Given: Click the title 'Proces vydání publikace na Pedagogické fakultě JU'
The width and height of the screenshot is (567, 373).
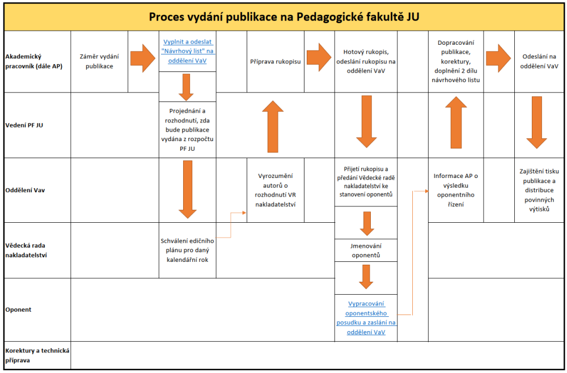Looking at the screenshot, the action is click(284, 17).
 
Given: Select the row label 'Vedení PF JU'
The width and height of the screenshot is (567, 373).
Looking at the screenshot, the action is click(24, 125).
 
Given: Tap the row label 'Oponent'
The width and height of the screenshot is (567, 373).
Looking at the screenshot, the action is click(19, 310).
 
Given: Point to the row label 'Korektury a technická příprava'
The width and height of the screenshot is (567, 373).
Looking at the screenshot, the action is click(37, 355).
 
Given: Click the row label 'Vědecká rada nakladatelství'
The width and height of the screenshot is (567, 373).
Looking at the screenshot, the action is click(26, 250).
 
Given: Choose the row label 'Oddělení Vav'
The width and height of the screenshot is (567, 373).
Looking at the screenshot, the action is click(25, 190).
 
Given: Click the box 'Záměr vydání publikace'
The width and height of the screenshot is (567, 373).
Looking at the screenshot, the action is click(99, 61).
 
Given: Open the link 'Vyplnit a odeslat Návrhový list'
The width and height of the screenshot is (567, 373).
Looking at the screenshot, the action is click(187, 52).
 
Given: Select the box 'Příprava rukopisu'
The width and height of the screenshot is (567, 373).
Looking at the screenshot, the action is click(276, 61).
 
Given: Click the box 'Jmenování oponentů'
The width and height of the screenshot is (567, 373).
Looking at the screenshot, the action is click(366, 251).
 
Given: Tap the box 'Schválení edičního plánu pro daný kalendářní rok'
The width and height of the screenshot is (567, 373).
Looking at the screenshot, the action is click(187, 250).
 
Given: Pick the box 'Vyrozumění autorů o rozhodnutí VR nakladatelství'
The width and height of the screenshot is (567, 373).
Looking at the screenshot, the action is click(276, 190).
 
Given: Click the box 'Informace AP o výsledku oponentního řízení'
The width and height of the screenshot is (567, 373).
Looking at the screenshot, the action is click(456, 190).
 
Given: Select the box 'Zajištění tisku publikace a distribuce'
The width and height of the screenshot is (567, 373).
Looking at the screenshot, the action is click(539, 190).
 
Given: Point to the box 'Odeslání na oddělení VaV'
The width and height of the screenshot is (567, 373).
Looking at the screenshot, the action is click(539, 61).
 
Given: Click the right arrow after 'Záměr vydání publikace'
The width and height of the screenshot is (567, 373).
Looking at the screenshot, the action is click(143, 58).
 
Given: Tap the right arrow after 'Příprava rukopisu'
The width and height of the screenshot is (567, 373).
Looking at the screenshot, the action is click(319, 57).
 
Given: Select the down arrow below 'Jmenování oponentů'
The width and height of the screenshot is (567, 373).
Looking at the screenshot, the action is click(366, 277).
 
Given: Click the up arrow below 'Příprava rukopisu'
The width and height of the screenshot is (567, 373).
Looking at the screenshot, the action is click(273, 126).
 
